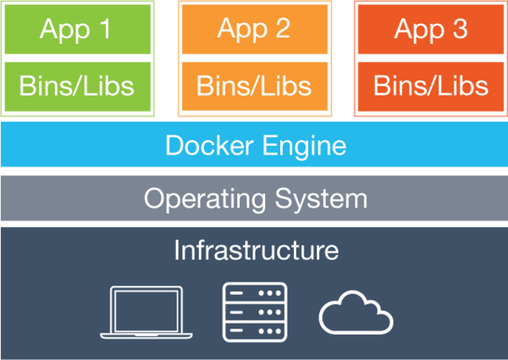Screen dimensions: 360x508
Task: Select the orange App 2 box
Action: click(x=254, y=29)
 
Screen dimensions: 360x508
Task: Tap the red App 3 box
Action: click(x=431, y=29)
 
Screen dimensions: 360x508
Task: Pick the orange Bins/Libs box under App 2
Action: click(x=254, y=86)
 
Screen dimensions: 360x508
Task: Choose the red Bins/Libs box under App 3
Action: click(x=431, y=86)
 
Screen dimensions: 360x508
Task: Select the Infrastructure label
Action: click(x=256, y=251)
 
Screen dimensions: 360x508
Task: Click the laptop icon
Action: click(x=146, y=313)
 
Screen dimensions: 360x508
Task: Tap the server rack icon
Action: click(x=255, y=311)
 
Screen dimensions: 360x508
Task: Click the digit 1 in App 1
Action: click(x=105, y=29)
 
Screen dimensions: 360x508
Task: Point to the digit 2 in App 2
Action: click(x=281, y=29)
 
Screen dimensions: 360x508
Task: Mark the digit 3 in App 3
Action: click(x=459, y=29)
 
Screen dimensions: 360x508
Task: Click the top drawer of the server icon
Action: click(x=255, y=292)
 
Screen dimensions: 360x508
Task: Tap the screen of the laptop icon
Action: click(x=146, y=307)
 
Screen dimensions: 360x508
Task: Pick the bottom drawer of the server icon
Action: click(x=255, y=330)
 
